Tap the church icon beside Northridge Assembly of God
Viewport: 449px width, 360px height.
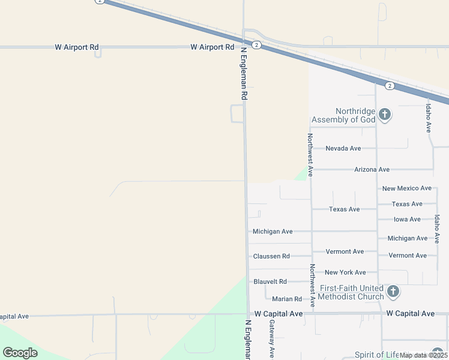[x=385, y=113]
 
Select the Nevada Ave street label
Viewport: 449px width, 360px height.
[x=343, y=148]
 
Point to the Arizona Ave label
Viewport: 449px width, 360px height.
[x=372, y=170]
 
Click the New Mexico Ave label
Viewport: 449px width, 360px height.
[x=406, y=188]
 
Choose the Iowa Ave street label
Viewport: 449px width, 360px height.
[x=407, y=220]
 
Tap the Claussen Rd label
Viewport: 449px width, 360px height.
[x=271, y=256]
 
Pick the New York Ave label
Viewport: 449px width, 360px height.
[x=345, y=272]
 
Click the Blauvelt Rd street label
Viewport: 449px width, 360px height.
[x=270, y=281]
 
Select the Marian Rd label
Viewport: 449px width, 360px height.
[x=286, y=299]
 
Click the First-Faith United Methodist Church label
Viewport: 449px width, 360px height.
[x=351, y=292]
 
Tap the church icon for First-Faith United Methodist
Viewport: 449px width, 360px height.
[x=393, y=292]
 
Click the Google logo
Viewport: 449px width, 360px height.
[x=20, y=353]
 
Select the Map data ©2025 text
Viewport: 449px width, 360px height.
[x=423, y=355]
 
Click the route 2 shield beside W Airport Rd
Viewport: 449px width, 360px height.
[x=256, y=45]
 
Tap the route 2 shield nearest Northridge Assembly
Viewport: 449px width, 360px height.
[x=390, y=86]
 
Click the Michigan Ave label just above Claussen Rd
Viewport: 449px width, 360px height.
[x=273, y=232]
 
